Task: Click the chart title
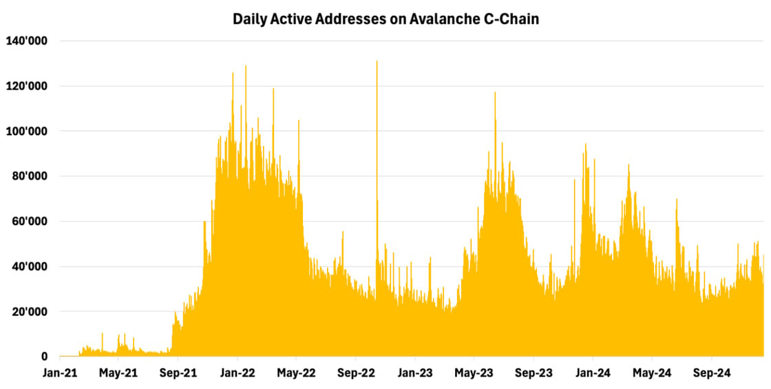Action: point(385,19)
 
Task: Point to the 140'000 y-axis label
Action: point(26,41)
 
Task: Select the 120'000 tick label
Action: point(26,86)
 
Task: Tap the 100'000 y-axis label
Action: point(26,131)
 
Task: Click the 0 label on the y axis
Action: point(44,357)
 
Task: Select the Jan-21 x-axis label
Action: point(60,374)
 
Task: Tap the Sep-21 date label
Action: point(178,374)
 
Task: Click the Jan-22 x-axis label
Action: point(237,374)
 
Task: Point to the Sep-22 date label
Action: point(355,374)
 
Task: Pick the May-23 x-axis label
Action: point(474,374)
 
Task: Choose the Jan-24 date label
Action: point(593,374)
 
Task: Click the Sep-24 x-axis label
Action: point(711,374)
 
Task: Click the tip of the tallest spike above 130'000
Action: point(377,61)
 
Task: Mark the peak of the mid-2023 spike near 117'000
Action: point(494,92)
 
